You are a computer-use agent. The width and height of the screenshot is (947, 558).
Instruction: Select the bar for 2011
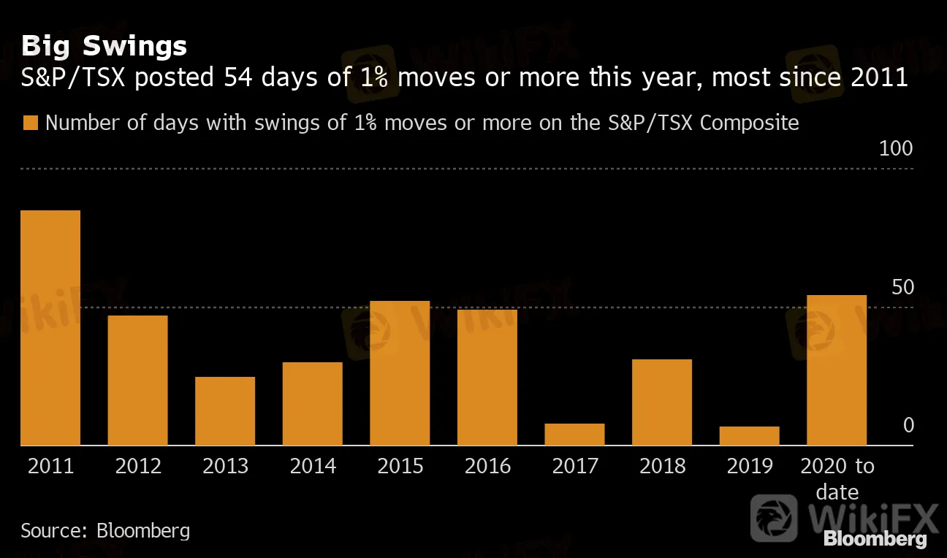(50, 328)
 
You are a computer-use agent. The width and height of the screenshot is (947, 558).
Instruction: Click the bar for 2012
(137, 381)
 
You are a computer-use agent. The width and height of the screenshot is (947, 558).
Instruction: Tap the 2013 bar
(225, 411)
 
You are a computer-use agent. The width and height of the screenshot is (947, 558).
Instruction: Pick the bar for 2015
(400, 373)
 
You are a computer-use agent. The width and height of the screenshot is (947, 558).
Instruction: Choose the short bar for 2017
(574, 435)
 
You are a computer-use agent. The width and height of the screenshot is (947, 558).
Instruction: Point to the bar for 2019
(749, 436)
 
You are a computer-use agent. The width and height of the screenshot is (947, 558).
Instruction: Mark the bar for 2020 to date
(837, 370)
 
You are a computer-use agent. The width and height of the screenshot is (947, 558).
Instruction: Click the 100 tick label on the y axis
(896, 149)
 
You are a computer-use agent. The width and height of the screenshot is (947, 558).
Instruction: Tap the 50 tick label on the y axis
(903, 287)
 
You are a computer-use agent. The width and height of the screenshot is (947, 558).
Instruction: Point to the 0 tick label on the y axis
(908, 425)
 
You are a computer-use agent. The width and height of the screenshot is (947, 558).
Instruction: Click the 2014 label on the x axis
(313, 466)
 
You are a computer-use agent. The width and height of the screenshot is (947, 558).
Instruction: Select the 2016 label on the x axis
(487, 466)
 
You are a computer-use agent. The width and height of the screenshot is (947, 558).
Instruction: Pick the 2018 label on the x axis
(662, 466)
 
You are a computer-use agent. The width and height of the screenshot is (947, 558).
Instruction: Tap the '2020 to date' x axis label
(837, 478)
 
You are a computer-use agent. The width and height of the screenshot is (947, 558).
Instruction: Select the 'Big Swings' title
(104, 46)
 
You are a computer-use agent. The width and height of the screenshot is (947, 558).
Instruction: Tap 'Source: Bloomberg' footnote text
(105, 530)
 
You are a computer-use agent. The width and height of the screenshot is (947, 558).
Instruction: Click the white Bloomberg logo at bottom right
(875, 539)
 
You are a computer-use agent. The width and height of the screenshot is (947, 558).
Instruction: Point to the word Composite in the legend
(749, 123)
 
